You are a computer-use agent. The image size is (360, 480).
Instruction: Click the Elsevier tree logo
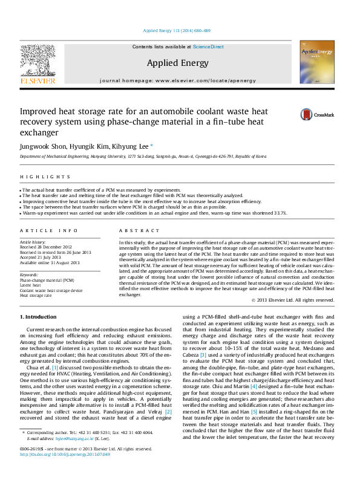tap(38, 60)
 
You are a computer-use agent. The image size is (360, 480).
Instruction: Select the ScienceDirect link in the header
tap(209, 47)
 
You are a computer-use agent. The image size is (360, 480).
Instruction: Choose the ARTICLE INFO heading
tap(49, 231)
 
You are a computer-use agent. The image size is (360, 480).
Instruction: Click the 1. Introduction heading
tap(41, 317)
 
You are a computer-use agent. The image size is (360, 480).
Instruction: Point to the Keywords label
tap(30, 274)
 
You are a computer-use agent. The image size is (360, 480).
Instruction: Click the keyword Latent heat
tap(32, 285)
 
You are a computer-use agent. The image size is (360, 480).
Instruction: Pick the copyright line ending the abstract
tap(293, 299)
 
